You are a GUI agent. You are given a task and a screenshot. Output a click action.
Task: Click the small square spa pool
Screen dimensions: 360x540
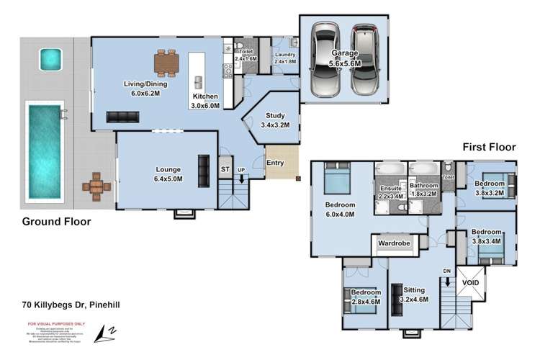point(49,58)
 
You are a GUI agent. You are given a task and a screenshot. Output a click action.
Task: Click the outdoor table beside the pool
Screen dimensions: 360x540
point(96,186)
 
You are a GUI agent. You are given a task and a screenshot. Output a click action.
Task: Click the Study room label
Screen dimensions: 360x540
point(275,115)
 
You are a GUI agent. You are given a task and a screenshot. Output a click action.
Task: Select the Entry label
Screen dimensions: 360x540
point(275,163)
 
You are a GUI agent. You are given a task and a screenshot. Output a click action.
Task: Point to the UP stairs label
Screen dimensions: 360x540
point(241,169)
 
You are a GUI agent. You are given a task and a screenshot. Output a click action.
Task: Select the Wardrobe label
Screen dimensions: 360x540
point(394,244)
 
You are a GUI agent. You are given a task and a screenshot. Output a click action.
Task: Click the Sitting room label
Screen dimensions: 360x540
point(413,289)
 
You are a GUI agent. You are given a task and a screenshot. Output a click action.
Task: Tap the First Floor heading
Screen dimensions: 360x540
point(490,147)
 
